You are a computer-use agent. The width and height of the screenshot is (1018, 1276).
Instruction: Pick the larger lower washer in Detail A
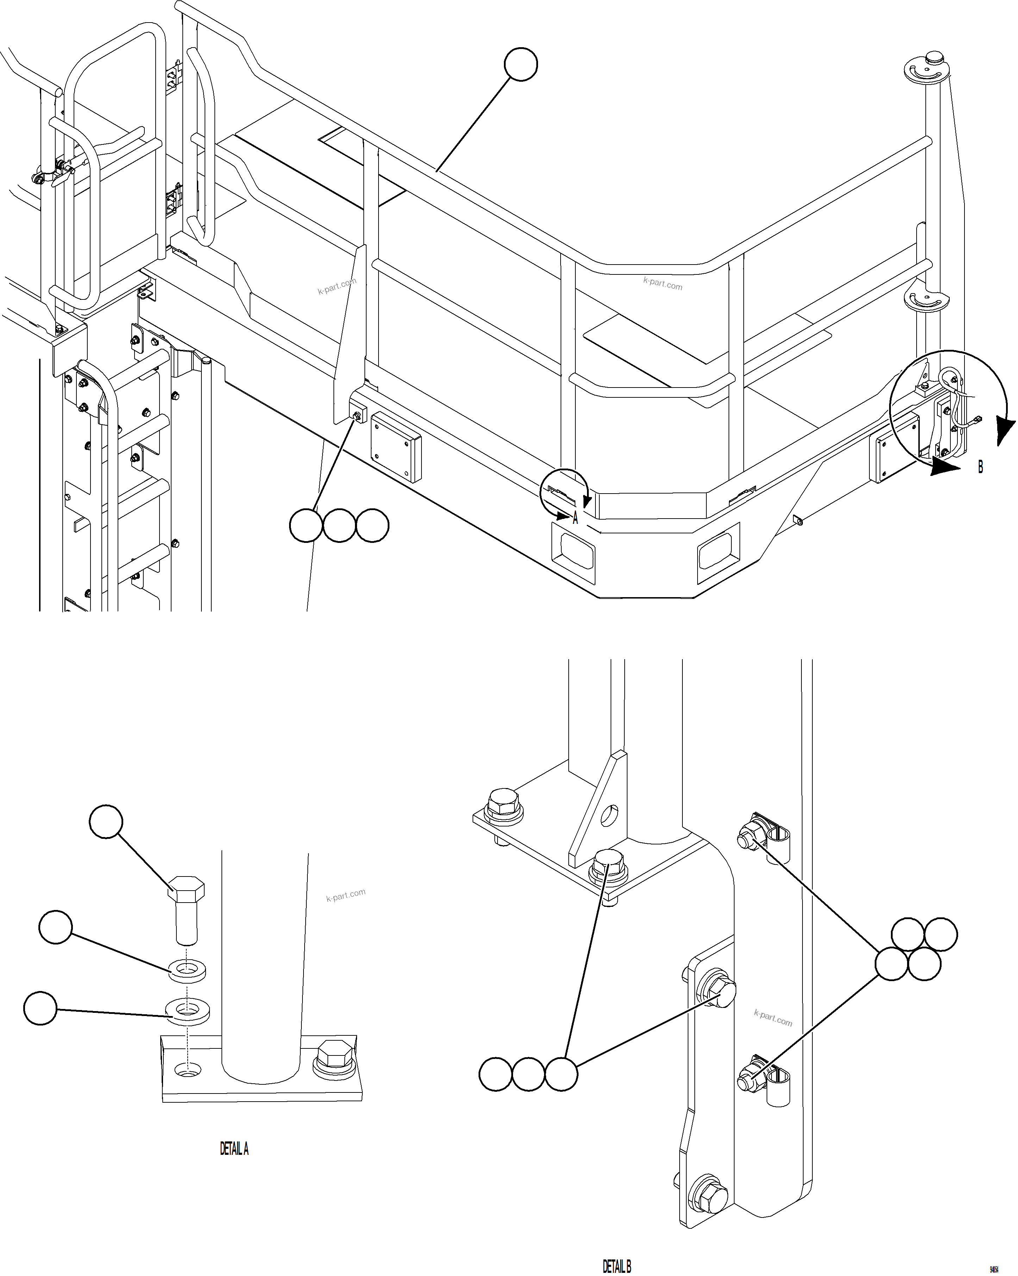click(187, 1009)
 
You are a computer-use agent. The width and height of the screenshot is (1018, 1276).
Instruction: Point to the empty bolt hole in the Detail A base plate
click(188, 1070)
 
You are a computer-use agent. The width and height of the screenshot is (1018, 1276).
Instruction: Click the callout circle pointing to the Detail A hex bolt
click(106, 822)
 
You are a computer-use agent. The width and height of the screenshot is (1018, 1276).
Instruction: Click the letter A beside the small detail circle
click(575, 519)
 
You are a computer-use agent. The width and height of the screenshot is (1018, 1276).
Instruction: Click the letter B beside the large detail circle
click(980, 467)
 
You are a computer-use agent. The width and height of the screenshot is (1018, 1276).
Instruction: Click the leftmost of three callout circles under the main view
click(306, 525)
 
